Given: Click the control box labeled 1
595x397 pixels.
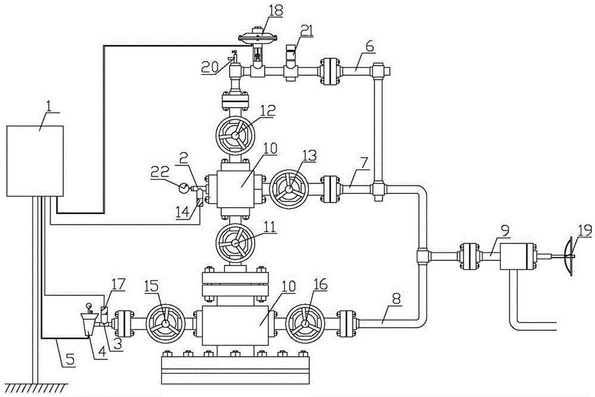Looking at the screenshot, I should [x=35, y=161].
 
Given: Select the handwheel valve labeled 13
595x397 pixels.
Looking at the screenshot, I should [x=289, y=190].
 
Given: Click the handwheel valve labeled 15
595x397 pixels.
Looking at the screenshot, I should [x=164, y=324].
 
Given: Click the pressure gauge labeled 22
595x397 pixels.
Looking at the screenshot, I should [x=185, y=187].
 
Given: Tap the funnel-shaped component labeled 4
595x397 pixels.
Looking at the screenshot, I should [x=87, y=325].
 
